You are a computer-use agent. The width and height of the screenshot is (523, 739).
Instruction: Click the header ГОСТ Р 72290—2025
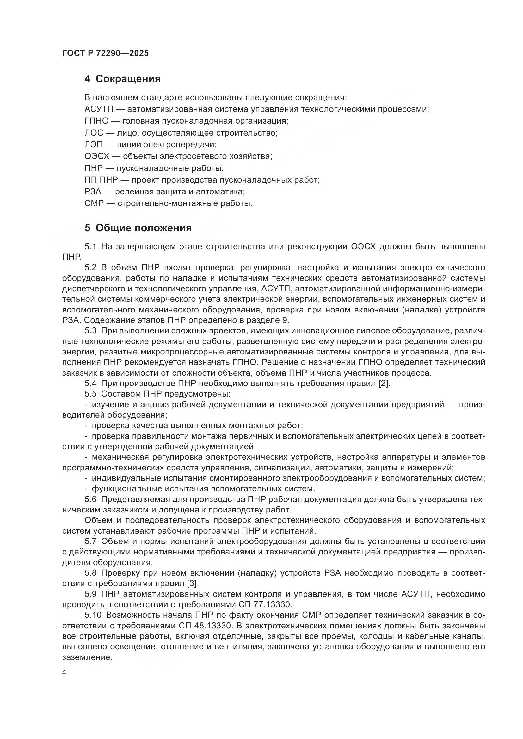[105, 53]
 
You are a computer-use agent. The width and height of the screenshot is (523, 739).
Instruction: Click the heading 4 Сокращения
[122, 79]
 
